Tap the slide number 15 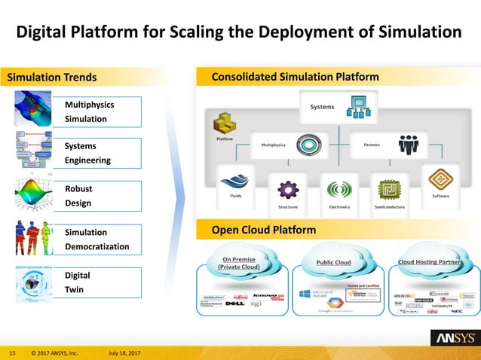pyautogui.click(x=12, y=352)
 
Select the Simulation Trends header pyautogui.click(x=52, y=77)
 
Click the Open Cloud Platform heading pyautogui.click(x=263, y=230)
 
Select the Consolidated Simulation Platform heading pyautogui.click(x=296, y=77)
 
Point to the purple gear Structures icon pyautogui.click(x=288, y=188)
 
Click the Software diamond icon pyautogui.click(x=440, y=179)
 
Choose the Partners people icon pyautogui.click(x=409, y=143)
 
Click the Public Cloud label pyautogui.click(x=332, y=262)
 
